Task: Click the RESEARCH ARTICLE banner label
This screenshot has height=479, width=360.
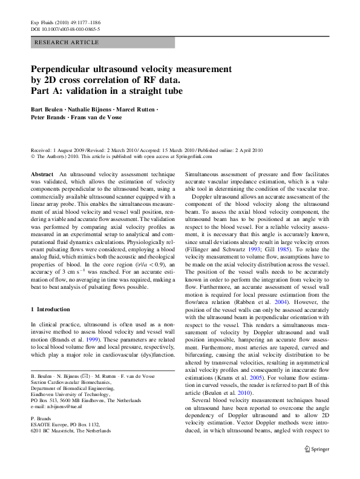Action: (67, 42)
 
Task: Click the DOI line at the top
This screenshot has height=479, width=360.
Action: (65, 28)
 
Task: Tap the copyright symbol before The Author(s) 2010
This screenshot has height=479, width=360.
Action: (33, 156)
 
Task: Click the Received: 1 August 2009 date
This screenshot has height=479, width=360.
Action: (61, 150)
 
